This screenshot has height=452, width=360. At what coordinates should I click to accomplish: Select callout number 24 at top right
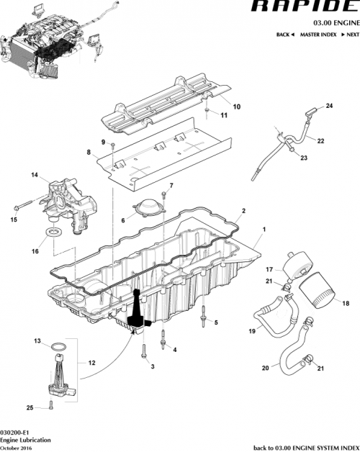coord(330,107)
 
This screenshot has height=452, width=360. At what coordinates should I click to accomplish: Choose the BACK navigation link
coord(285,35)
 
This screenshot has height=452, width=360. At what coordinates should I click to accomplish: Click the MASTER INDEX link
coord(319,35)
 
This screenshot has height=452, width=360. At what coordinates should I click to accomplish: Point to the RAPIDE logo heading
coord(303,6)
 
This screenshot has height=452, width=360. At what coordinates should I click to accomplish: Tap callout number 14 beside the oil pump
coord(33,175)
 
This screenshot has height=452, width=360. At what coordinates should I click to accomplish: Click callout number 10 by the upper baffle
coord(236,107)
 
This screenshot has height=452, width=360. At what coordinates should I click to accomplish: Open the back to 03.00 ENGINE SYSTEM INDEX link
coord(306,447)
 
